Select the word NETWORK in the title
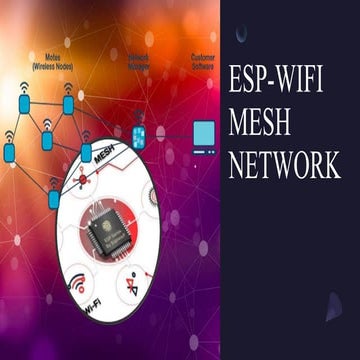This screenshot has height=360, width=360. (x=284, y=164)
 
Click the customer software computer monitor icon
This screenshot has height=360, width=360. (x=204, y=133)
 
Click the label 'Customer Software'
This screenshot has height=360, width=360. (x=203, y=61)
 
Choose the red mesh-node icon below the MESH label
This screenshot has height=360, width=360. (x=83, y=179)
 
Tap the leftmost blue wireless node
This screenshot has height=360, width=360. (x=9, y=150)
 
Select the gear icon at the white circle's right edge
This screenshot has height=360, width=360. (x=151, y=199)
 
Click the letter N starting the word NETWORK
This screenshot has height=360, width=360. (x=237, y=164)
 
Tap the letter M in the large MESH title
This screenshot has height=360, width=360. (x=241, y=123)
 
